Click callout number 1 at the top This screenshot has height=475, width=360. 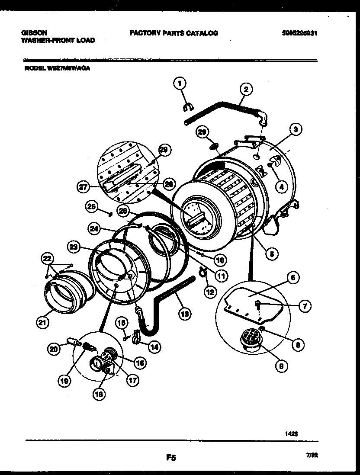tap(180, 83)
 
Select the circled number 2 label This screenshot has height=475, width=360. tap(245, 90)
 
